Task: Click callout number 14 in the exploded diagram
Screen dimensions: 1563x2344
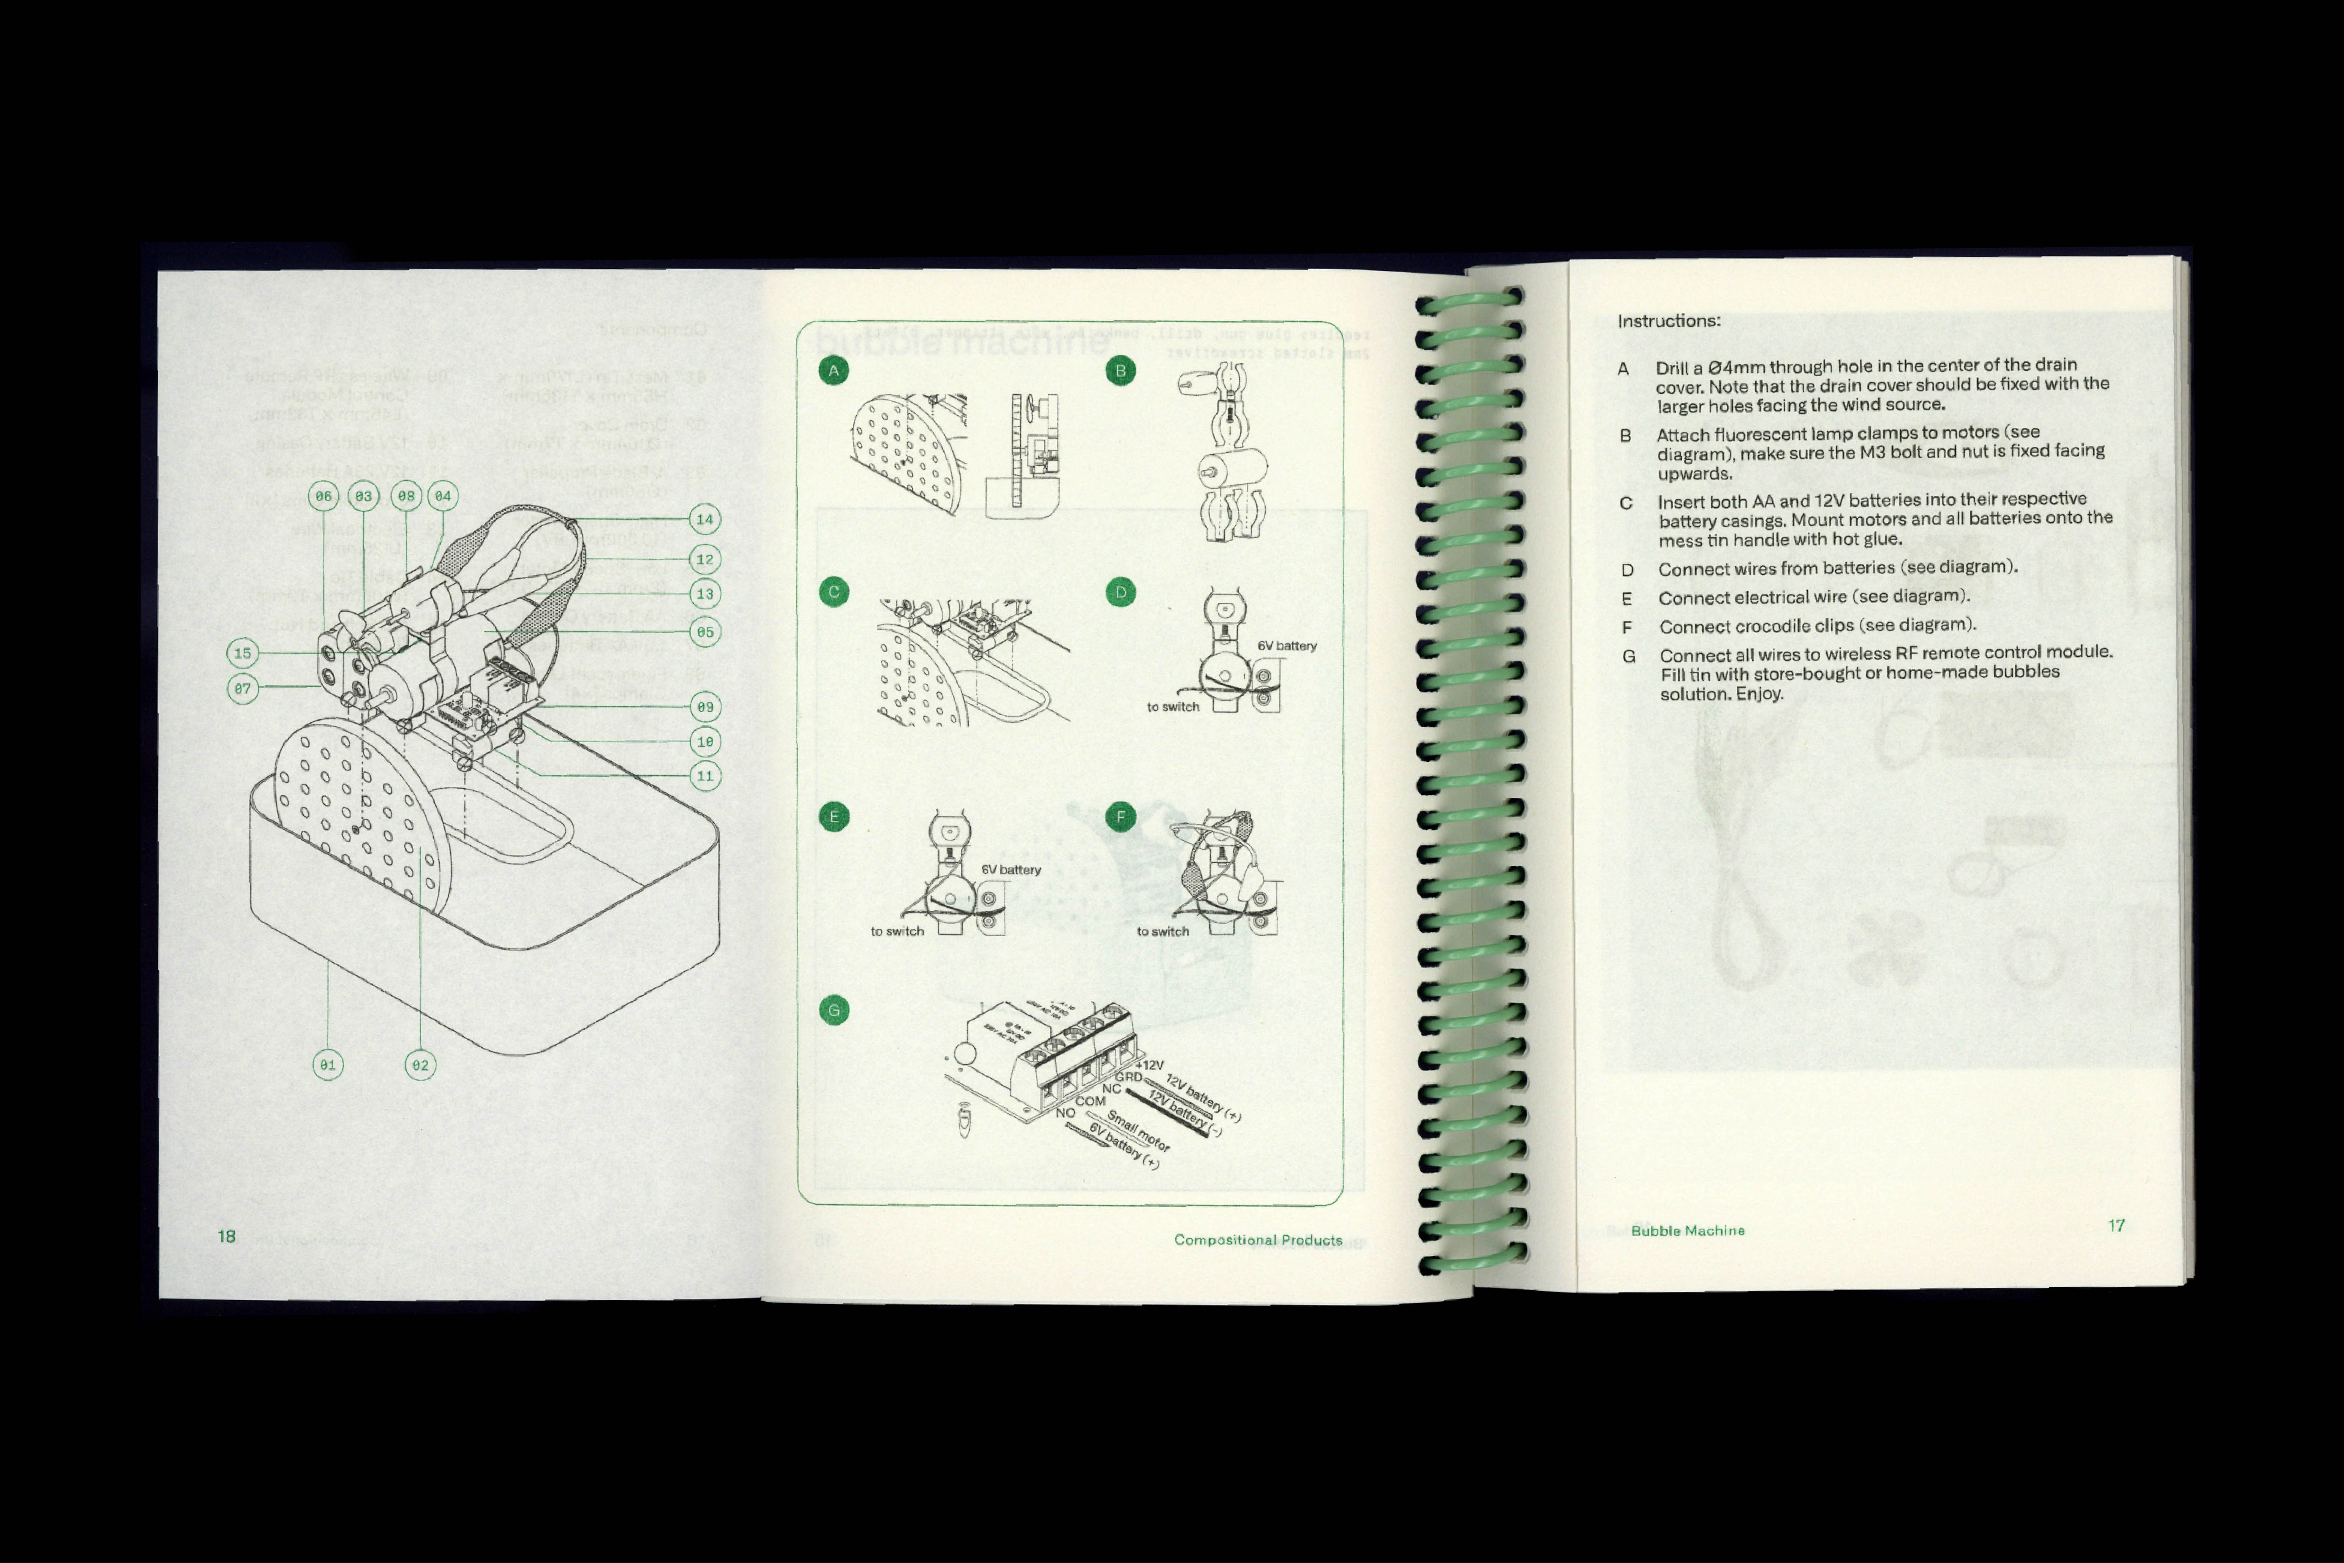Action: [705, 519]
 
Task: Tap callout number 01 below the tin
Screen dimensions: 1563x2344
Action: [327, 1065]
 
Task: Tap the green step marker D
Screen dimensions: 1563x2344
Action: [1120, 592]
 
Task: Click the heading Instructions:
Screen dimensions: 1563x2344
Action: [1668, 321]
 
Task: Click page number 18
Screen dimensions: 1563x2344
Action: [226, 1236]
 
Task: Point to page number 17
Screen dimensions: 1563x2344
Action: [2117, 1225]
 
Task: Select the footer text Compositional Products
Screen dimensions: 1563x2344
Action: [1258, 1240]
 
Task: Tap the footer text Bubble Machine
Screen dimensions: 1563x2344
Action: [1688, 1231]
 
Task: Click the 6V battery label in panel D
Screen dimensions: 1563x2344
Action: [1287, 646]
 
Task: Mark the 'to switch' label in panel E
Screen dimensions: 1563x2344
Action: [897, 931]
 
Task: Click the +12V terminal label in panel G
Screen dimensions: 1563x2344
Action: [1149, 1066]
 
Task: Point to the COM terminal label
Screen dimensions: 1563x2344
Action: [1090, 1102]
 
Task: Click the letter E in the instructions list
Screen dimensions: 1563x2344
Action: [1627, 599]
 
